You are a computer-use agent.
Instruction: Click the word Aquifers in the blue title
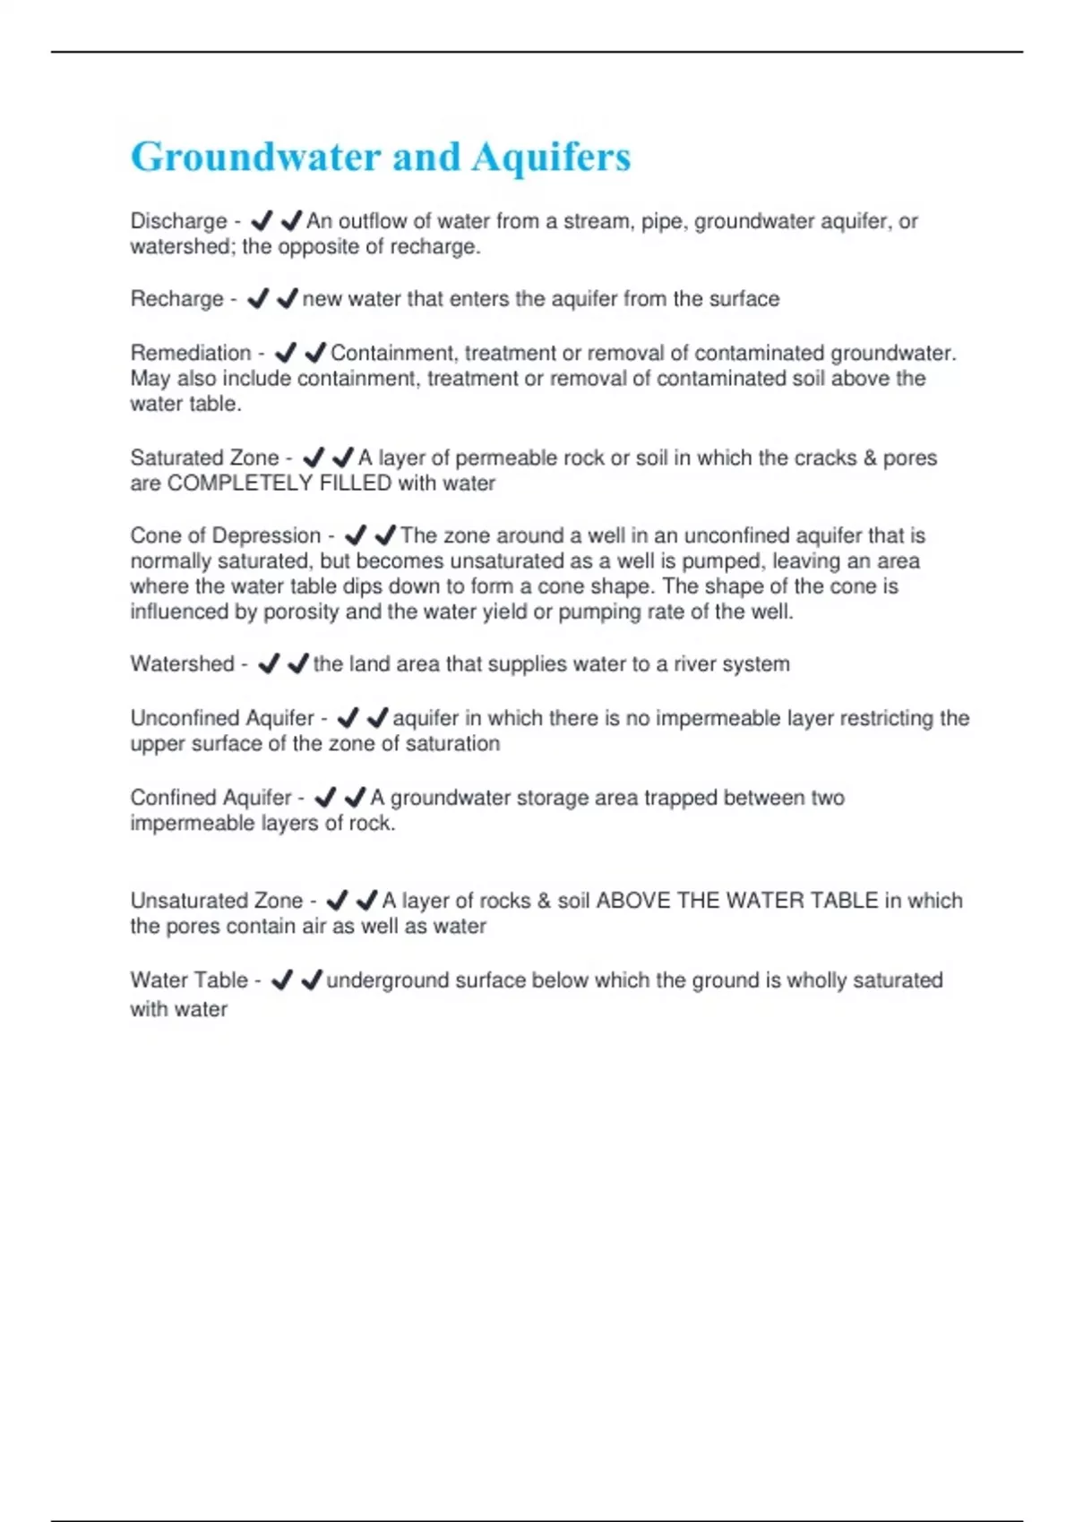pos(551,157)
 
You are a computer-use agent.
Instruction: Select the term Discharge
pos(178,221)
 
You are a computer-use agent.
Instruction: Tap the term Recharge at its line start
pos(176,299)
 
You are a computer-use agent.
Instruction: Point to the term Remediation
pos(190,353)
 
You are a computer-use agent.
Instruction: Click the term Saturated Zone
pos(204,457)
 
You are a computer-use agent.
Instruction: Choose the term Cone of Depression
pos(225,535)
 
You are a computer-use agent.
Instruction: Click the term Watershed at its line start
pos(182,664)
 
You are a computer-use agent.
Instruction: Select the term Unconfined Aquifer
pos(222,718)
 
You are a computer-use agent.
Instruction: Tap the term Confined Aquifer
pos(211,798)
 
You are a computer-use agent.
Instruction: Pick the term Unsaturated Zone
pos(216,901)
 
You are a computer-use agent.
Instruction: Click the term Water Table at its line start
pos(188,980)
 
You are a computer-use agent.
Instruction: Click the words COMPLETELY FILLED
pos(279,483)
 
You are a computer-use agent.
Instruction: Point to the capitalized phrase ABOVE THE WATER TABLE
pos(737,901)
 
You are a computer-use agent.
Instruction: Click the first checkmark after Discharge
pos(262,221)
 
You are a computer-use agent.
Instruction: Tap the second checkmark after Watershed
pos(298,664)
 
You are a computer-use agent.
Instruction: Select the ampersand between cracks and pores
pos(870,457)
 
